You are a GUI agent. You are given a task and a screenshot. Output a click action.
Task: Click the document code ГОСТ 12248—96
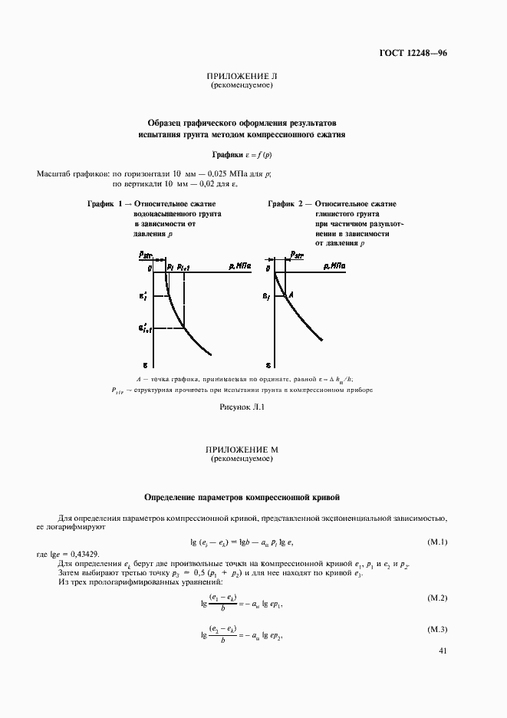413,53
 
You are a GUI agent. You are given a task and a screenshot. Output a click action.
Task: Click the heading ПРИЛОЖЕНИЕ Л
242,77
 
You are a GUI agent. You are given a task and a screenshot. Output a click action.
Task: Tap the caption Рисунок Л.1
242,407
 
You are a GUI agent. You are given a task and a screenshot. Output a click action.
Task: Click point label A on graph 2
291,295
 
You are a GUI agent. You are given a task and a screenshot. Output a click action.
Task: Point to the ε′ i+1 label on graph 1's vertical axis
145,329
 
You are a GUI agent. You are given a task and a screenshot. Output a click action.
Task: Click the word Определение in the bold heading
175,497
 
